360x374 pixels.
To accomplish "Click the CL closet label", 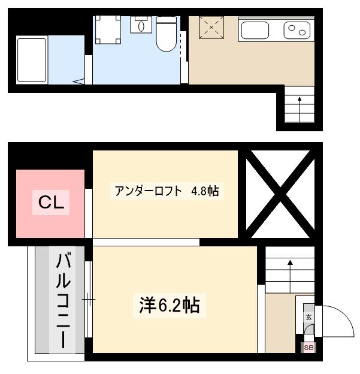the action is point(52,203).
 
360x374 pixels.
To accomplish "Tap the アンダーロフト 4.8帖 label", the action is point(167,191).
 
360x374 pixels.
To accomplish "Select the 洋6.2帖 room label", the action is point(170,306).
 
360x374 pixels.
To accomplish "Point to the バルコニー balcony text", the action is point(63,301).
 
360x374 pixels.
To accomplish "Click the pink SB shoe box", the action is point(308,348).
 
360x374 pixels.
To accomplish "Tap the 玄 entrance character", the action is point(308,317).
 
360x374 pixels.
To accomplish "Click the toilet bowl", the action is point(167,34).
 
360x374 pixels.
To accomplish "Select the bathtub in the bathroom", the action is point(32,60).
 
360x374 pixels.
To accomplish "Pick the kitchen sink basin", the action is point(255,31).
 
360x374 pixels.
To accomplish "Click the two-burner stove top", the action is point(297,31).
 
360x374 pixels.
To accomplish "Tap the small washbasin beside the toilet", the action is point(141,25).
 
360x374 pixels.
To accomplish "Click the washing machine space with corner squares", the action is point(108,30).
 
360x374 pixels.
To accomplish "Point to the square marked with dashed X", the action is point(211,28).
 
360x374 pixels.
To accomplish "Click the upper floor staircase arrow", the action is point(300,109).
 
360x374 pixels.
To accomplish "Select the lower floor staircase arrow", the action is point(290,276).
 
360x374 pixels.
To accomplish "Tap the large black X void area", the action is point(280,194).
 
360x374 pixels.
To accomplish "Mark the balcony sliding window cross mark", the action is point(89,299).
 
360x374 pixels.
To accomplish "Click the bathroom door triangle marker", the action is point(79,82).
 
